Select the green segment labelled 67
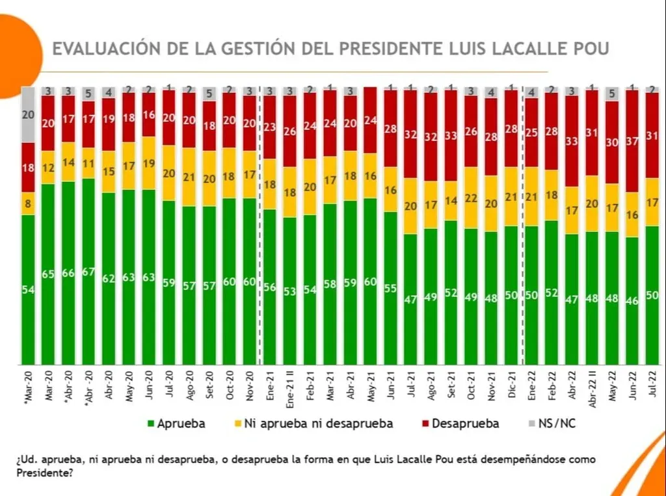89,271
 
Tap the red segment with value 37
632,141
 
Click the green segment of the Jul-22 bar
652,295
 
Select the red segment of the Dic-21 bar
511,128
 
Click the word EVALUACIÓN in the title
108,49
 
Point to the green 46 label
632,301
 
